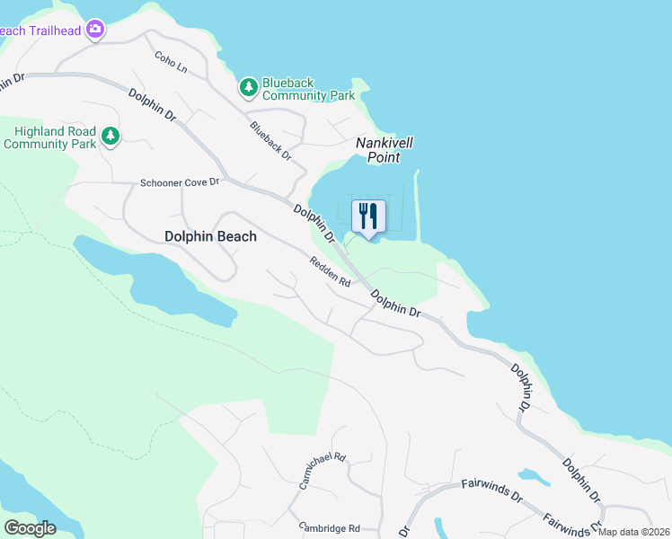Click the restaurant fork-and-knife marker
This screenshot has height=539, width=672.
coord(368,216)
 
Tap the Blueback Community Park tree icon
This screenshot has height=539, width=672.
coord(249,88)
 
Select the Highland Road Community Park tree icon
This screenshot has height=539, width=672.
coord(111,137)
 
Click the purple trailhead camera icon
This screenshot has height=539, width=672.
coord(96,30)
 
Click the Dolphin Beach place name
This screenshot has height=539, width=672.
coord(210,237)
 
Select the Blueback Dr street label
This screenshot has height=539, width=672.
coord(271,140)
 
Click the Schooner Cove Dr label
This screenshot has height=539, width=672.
coord(180,182)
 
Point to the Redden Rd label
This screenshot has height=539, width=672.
coord(330,271)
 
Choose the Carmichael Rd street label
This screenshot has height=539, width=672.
coord(323,470)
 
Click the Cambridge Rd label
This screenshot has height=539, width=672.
coord(330,528)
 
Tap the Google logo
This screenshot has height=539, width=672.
coord(30,527)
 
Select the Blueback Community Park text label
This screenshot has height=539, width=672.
coord(308,89)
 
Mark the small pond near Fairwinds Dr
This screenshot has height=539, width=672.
coord(534,475)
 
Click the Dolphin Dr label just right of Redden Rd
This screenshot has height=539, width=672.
coord(396,302)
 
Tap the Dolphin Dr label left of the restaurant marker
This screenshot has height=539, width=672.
coord(314,225)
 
